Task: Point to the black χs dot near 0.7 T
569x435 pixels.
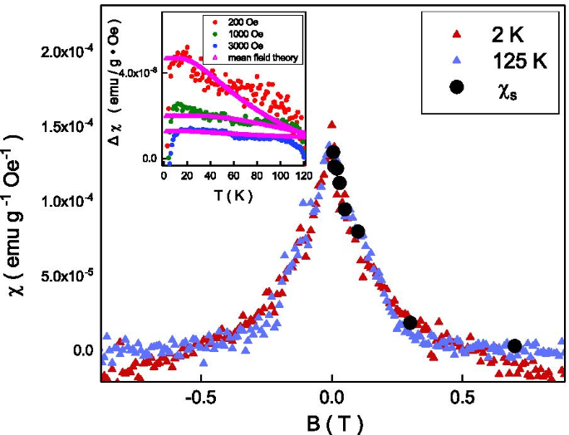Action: click(x=515, y=345)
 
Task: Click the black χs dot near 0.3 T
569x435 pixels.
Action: click(x=410, y=323)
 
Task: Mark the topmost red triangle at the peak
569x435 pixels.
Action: click(x=332, y=125)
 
